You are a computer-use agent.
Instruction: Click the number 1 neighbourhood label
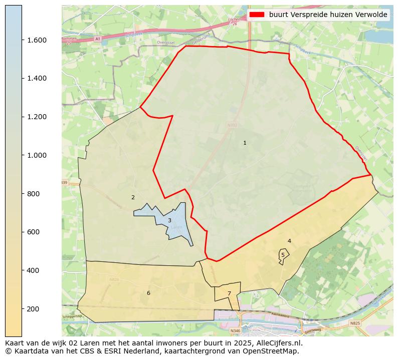pyautogui.click(x=245, y=143)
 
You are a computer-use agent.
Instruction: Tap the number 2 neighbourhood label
pyautogui.click(x=133, y=197)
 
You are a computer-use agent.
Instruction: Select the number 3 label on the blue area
pyautogui.click(x=169, y=220)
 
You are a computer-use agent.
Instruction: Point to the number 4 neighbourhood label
pyautogui.click(x=289, y=241)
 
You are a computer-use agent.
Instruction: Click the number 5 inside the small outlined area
pyautogui.click(x=283, y=255)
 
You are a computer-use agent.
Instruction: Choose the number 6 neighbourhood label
pyautogui.click(x=148, y=293)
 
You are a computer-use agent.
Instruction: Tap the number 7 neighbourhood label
pyautogui.click(x=229, y=294)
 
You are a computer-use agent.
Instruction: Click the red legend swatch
pyautogui.click(x=257, y=15)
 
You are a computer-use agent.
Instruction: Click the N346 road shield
pyautogui.click(x=235, y=331)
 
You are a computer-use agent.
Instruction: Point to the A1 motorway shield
pyautogui.click(x=97, y=39)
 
